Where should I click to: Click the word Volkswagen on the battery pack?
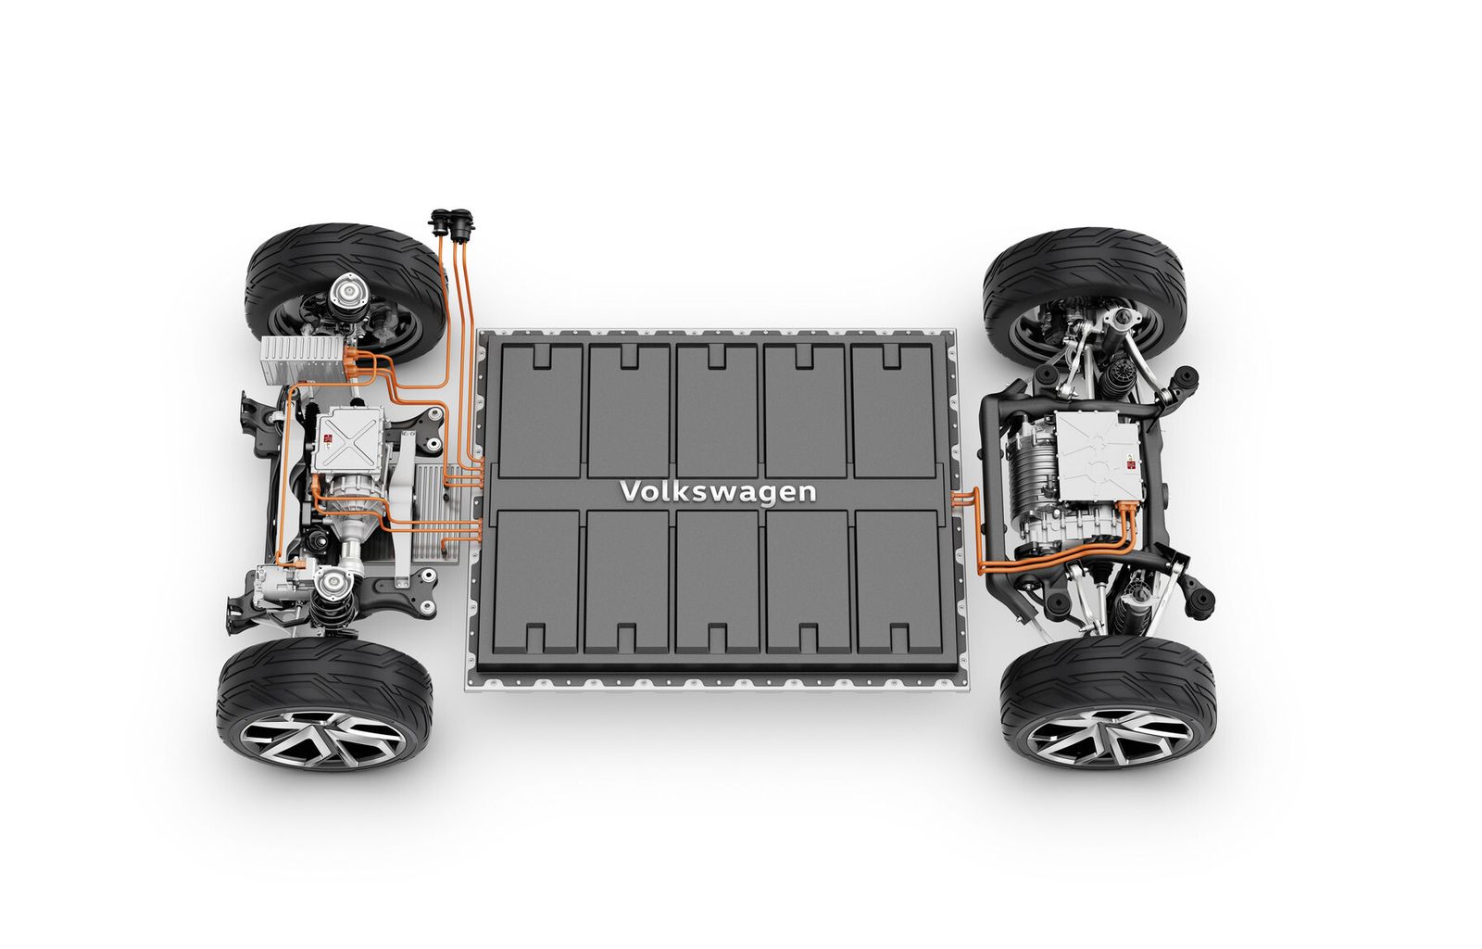pos(718,490)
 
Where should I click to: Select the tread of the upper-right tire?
pos(1084,259)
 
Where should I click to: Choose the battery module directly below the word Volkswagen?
pos(717,579)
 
